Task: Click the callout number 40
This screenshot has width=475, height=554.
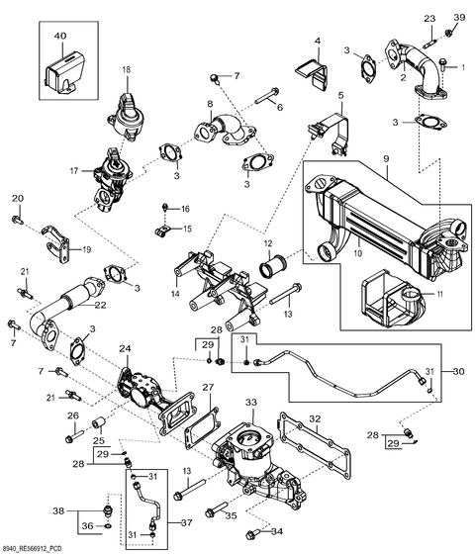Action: click(x=60, y=36)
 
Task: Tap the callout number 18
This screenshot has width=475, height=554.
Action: click(x=127, y=69)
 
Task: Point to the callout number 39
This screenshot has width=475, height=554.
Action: click(x=459, y=17)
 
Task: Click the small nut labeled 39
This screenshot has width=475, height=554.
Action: click(x=448, y=33)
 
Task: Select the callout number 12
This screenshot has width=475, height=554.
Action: click(x=268, y=243)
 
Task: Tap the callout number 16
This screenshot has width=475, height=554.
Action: click(x=185, y=209)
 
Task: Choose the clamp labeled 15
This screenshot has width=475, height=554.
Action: click(x=162, y=231)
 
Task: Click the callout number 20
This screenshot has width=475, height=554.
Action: click(x=18, y=198)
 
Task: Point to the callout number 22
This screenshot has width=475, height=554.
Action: click(x=100, y=305)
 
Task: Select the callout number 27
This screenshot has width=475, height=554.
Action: click(x=208, y=388)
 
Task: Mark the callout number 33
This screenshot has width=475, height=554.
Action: click(x=251, y=402)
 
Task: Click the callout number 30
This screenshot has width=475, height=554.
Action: click(x=458, y=371)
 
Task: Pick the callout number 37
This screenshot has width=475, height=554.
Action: click(x=186, y=522)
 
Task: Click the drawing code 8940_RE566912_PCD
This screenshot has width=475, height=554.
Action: click(x=29, y=548)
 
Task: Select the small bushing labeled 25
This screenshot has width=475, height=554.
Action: click(x=98, y=423)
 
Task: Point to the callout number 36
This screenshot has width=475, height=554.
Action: click(x=88, y=526)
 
